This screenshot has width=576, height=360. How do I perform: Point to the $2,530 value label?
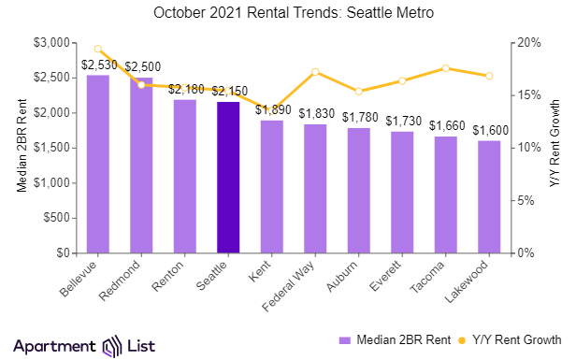pyautogui.click(x=98, y=65)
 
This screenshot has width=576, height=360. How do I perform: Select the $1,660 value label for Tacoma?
pyautogui.click(x=446, y=125)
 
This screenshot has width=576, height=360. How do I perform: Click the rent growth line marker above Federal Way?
pyautogui.click(x=315, y=72)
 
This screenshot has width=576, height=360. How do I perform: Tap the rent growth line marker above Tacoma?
pyautogui.click(x=446, y=68)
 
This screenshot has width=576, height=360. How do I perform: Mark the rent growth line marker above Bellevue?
pyautogui.click(x=98, y=49)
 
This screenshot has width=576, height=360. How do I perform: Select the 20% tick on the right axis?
pyautogui.click(x=528, y=43)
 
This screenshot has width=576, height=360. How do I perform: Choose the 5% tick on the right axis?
pyautogui.click(x=526, y=200)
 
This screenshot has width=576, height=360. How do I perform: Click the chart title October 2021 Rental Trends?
pyautogui.click(x=287, y=13)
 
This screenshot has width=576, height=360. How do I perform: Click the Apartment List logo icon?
pyautogui.click(x=113, y=345)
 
